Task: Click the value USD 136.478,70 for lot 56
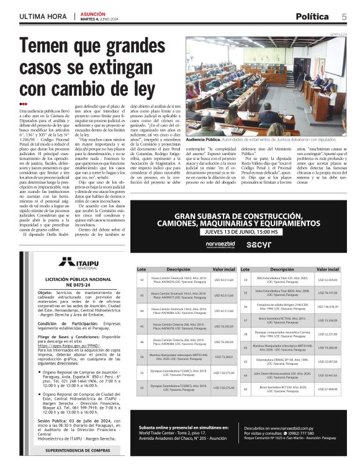327,306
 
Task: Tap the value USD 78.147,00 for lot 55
327,292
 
